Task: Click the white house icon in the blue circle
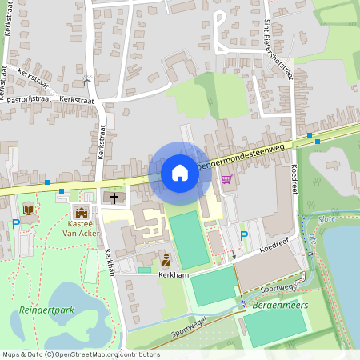click(179, 172)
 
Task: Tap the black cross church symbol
click(114, 197)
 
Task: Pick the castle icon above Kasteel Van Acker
click(80, 213)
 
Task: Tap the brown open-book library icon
click(30, 210)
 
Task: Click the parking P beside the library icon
click(15, 224)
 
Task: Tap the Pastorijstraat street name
click(28, 101)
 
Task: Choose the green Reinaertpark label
click(41, 309)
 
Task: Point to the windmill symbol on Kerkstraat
click(87, 82)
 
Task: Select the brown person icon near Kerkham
click(166, 259)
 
